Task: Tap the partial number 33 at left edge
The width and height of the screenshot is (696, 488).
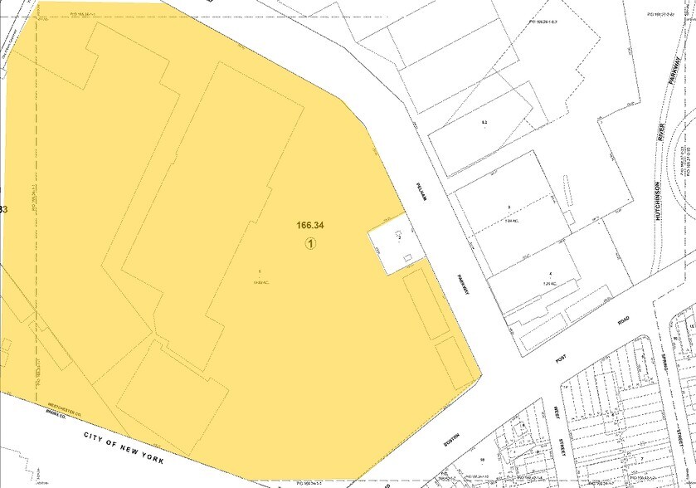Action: coord(3,210)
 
